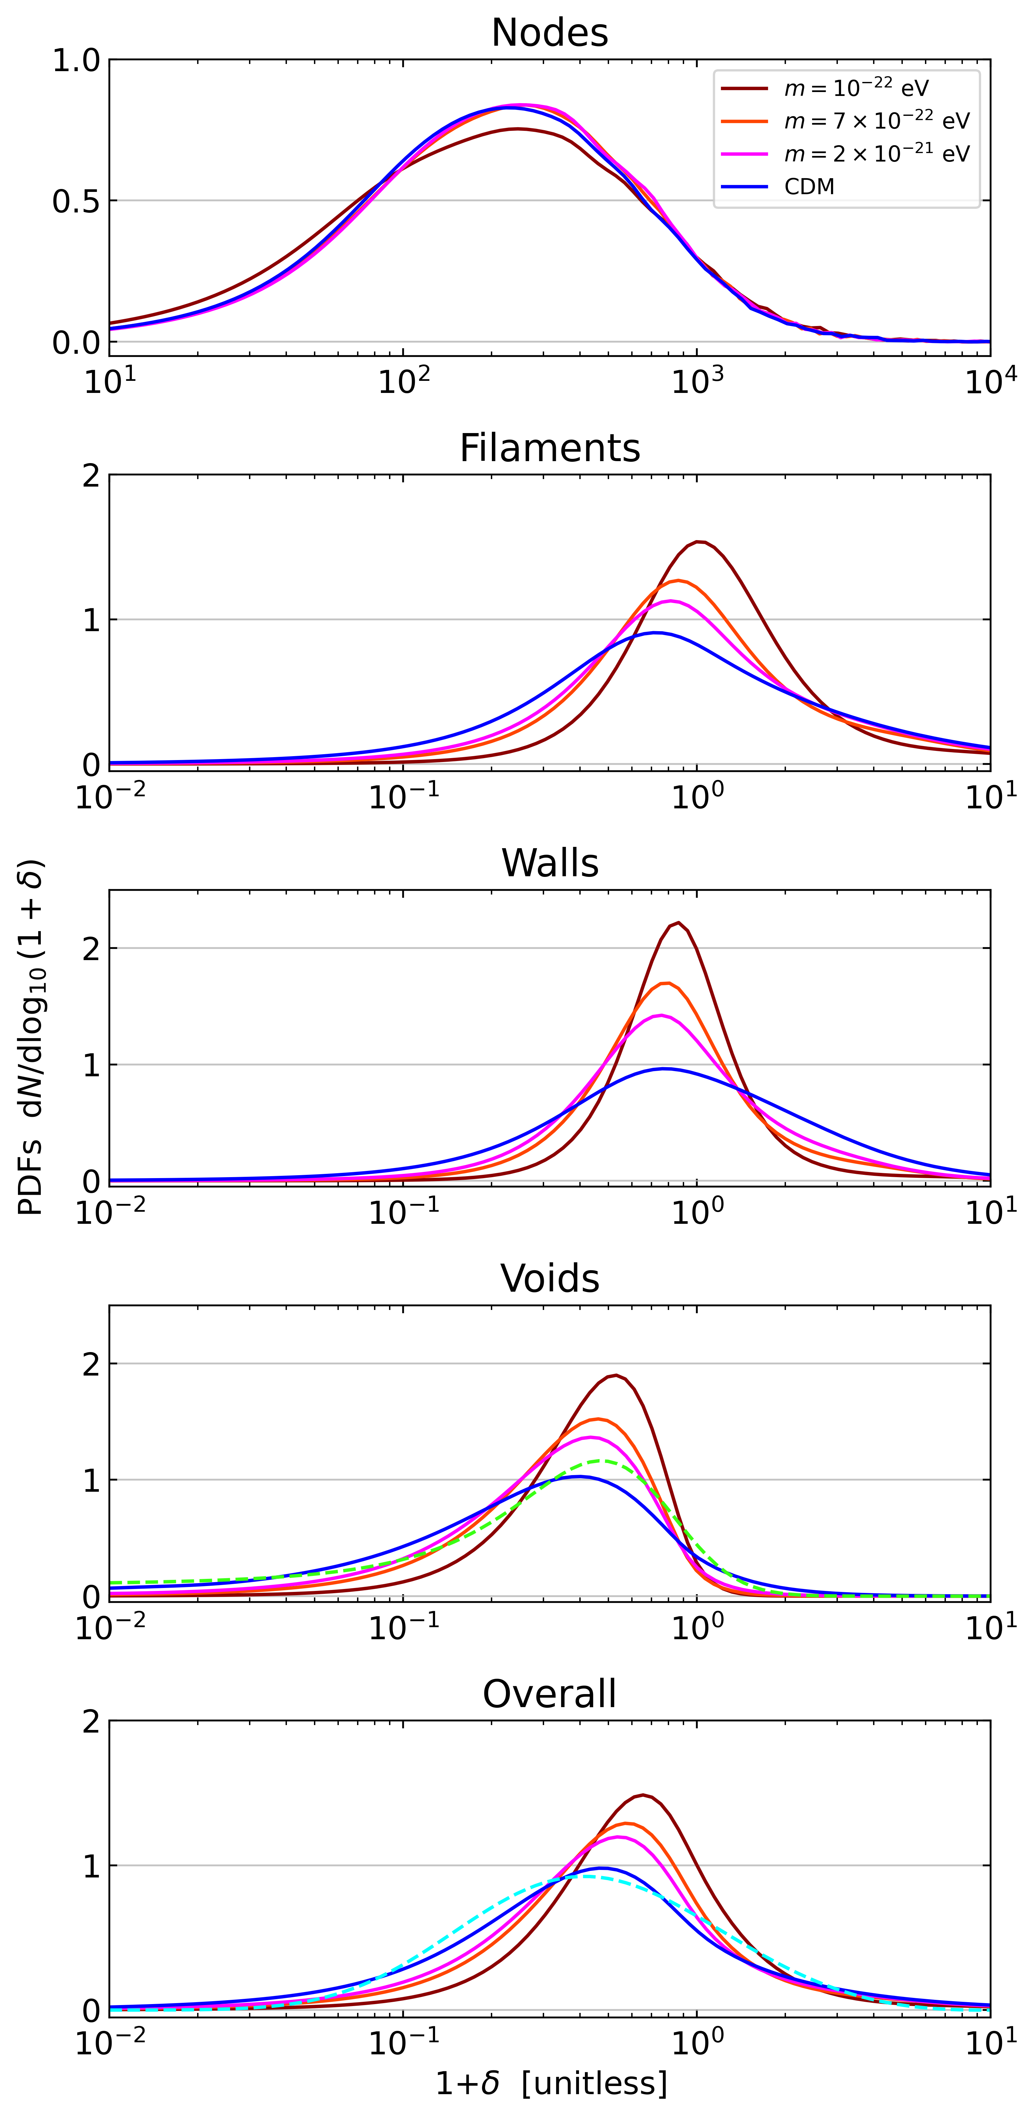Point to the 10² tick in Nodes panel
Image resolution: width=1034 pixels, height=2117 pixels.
tap(403, 382)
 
